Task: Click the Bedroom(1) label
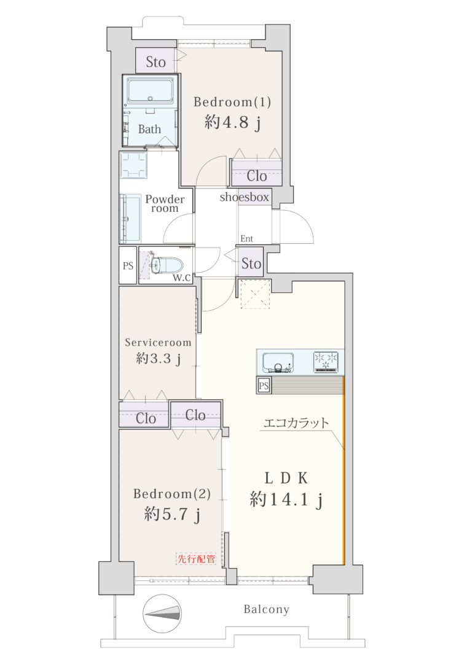[232, 102]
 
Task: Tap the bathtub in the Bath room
[150, 91]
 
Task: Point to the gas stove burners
[326, 362]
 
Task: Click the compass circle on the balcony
[162, 613]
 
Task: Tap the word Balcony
[267, 609]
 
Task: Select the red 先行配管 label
[196, 558]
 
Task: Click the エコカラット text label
[296, 423]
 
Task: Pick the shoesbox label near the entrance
[245, 197]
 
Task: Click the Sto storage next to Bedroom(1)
[155, 61]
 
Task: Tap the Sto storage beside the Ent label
[251, 263]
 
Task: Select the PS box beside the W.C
[128, 265]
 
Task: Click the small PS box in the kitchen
[264, 385]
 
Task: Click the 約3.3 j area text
[159, 359]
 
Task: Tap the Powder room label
[165, 203]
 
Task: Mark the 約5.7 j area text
[172, 515]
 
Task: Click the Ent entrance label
[247, 239]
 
